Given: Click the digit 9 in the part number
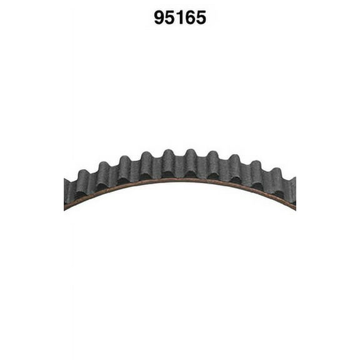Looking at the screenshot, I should pos(160,17).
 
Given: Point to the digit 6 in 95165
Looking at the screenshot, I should pos(190,17).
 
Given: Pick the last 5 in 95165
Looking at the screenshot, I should pos(200,17).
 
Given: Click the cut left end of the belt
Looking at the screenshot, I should pos(66,193).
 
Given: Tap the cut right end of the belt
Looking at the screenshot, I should pos(293,192).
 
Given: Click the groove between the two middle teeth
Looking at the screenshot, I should pos(179,169).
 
